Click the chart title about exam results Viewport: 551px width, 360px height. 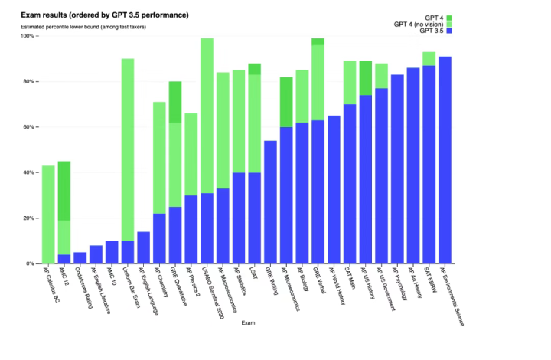coord(105,15)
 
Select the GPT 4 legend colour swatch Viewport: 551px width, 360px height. coord(449,18)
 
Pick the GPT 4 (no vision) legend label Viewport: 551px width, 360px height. coord(419,25)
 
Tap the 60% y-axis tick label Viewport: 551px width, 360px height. coord(28,127)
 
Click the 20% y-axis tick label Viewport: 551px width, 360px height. coord(28,218)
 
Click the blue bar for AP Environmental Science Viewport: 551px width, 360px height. coord(445,160)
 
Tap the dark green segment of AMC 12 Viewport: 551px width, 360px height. coord(64,191)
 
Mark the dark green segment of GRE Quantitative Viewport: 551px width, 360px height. coord(176,102)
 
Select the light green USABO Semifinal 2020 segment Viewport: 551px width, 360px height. coord(207,115)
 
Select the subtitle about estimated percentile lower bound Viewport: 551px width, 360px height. coord(83,27)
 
